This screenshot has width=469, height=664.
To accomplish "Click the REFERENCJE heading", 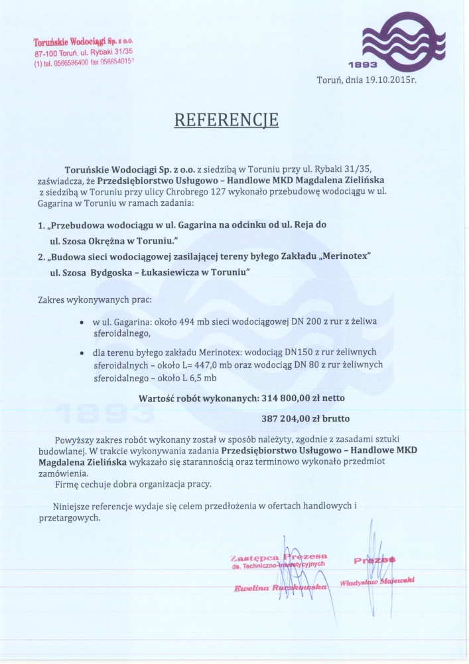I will pos(226,120).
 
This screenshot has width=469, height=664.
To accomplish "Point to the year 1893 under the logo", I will pos(362,64).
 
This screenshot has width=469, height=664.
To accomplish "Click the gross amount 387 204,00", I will pos(290,420).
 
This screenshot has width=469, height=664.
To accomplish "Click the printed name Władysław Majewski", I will pos(377,581).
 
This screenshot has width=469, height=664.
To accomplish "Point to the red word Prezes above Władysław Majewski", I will pos(375,560).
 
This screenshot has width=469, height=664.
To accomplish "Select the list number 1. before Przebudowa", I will pos(42,225).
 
